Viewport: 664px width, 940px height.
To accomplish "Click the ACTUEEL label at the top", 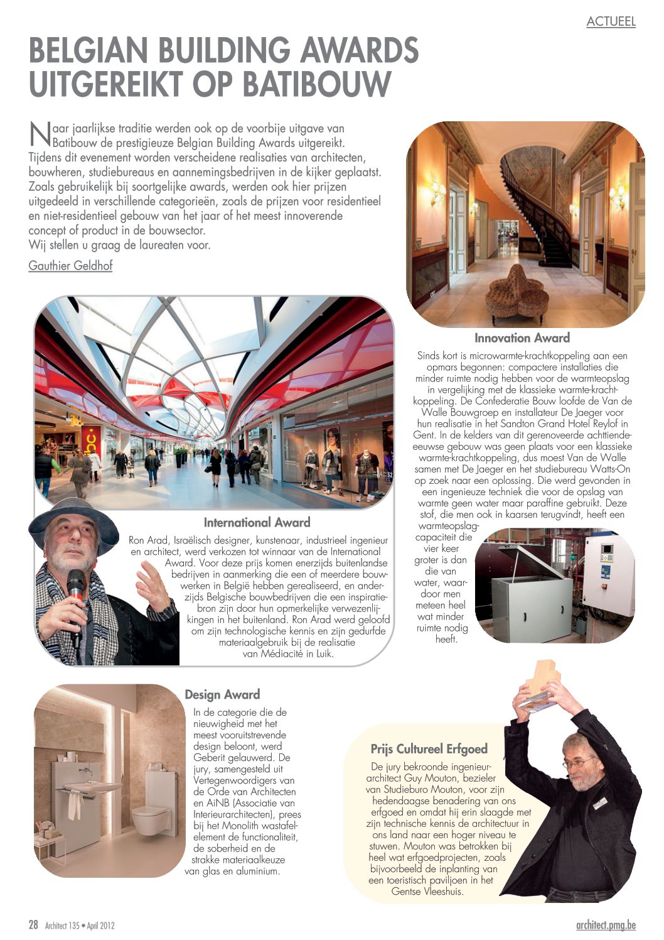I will click(611, 21).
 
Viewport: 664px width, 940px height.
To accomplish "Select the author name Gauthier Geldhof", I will click(70, 265).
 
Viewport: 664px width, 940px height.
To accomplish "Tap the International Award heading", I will click(257, 522).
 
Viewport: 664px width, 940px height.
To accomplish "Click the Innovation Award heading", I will click(522, 338).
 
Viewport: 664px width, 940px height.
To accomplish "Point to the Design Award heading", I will click(222, 694).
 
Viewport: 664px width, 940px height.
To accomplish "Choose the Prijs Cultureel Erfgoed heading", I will click(429, 749).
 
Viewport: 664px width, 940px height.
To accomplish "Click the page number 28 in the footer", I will click(33, 924).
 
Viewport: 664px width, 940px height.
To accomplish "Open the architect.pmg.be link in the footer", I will click(605, 925).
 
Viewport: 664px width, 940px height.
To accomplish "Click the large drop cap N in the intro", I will click(40, 133).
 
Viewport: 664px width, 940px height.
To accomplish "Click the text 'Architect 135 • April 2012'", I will click(80, 925).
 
